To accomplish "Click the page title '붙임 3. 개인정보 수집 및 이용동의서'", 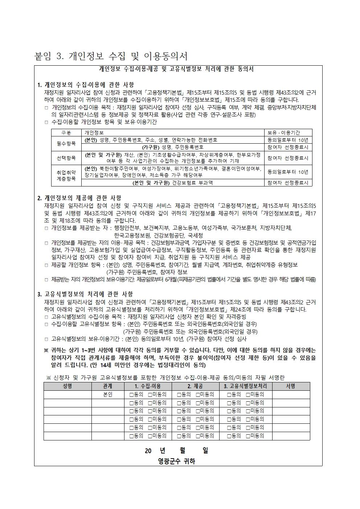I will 111,56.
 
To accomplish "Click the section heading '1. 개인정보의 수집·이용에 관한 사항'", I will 86,85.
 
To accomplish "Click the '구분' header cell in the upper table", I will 66,133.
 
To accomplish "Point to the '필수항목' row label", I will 66,143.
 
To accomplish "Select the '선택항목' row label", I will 66,158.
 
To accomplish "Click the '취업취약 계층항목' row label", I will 66,176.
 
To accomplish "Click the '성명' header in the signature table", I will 67,386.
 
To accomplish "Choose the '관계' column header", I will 108,386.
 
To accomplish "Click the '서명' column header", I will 291,386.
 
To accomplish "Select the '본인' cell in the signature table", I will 108,394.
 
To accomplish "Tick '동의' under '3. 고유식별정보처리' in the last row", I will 229,436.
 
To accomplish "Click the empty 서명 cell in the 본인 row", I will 291,394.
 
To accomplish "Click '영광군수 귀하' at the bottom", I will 177,461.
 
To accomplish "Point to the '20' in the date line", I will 148,451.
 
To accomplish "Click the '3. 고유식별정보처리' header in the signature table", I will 245,386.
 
